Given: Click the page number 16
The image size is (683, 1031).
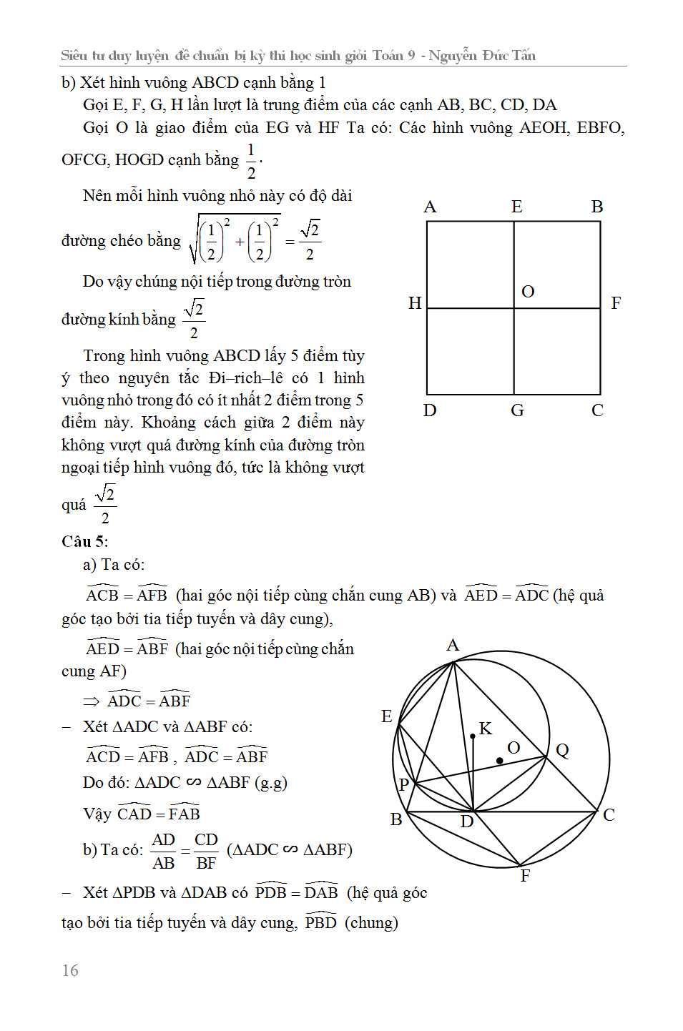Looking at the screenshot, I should [70, 970].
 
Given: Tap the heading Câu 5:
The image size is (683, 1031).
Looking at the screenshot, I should [84, 541].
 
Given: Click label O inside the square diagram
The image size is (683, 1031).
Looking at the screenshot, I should [528, 292].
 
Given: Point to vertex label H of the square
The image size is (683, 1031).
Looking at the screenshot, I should [415, 303].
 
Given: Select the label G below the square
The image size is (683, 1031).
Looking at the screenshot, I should [517, 410].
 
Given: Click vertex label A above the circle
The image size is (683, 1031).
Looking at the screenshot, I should [453, 646].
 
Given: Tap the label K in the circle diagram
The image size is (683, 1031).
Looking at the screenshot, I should [486, 729].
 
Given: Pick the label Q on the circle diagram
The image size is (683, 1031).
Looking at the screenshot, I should [562, 750].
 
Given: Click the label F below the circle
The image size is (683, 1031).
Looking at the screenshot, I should [526, 876].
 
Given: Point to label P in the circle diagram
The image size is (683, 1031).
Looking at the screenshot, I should [404, 784].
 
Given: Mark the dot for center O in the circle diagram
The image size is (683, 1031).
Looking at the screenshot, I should [499, 760].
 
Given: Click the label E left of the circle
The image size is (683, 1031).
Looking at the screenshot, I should [387, 716].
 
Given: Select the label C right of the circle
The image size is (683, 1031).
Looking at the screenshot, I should [609, 815].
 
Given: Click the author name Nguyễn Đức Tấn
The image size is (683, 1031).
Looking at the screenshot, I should [482, 55].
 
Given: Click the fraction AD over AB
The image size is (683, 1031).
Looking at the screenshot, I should [163, 851].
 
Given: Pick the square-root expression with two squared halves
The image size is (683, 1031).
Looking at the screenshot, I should [235, 240].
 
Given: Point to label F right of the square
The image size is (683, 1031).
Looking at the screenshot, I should [616, 303].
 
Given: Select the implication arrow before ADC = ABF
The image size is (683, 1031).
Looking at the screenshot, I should [92, 701].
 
